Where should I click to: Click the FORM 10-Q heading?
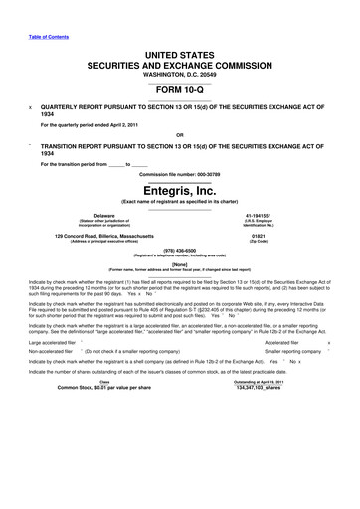click(x=180, y=91)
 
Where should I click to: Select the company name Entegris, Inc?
click(x=180, y=193)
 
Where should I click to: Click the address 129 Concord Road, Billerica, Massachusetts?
click(x=103, y=235)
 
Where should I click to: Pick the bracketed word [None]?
click(x=180, y=268)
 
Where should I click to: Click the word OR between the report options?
click(x=180, y=134)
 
